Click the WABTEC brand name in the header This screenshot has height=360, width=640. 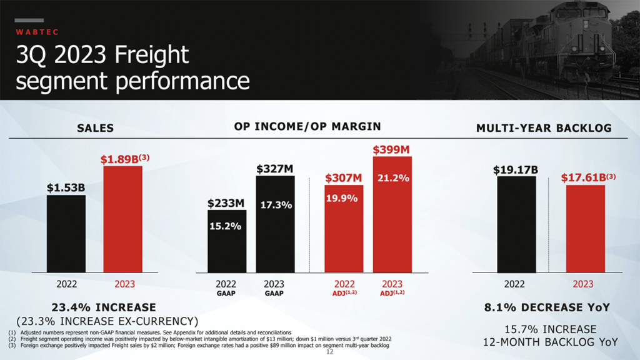(x=36, y=31)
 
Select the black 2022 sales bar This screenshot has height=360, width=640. (x=66, y=234)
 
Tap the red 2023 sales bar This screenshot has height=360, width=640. (x=123, y=219)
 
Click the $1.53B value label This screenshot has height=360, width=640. (x=66, y=187)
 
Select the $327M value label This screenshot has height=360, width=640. (x=275, y=169)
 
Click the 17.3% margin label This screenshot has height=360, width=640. (x=276, y=205)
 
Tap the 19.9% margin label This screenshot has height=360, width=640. (x=342, y=199)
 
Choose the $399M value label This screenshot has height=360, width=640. (x=391, y=150)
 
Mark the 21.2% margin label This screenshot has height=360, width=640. (x=393, y=179)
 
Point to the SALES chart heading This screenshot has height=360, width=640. (x=95, y=128)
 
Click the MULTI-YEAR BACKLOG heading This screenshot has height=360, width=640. (x=544, y=128)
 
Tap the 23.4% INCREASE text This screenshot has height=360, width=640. (x=104, y=307)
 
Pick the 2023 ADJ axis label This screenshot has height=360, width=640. (x=392, y=287)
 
